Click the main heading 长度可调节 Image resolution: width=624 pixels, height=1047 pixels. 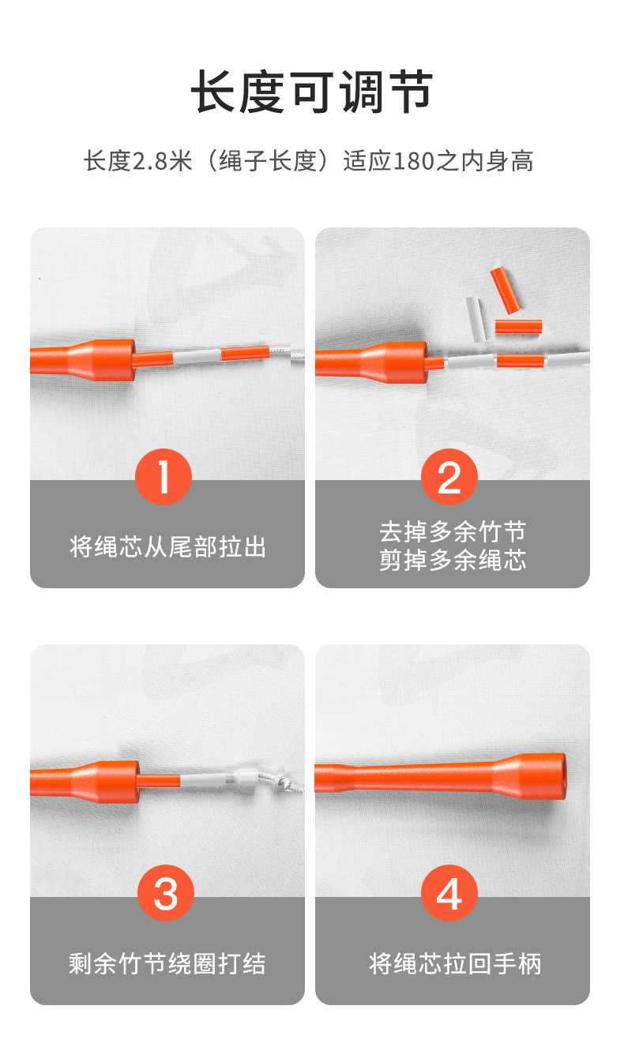pos(312,92)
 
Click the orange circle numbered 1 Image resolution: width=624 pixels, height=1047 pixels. pos(164,477)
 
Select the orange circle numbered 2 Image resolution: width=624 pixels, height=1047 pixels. pos(449,477)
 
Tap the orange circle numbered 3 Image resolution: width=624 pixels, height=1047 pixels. pos(166,893)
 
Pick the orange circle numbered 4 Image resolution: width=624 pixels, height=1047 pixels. pos(449,893)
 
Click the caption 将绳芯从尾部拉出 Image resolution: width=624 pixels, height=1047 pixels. pos(167,546)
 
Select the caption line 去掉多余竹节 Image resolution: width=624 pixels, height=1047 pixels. pos(453,531)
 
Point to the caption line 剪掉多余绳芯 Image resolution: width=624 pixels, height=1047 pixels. pos(453,560)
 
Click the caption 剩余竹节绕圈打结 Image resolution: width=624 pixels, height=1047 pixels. pos(167,963)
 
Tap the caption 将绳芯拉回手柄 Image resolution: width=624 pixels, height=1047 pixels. pos(455,963)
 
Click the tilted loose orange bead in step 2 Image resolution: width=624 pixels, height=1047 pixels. pos(506,290)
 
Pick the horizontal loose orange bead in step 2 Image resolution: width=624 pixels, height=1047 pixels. pos(518,327)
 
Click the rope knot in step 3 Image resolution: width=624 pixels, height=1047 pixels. pos(284,781)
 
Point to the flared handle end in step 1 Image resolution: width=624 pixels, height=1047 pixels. pos(103,359)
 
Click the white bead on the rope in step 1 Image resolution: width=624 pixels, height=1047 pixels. pos(197,357)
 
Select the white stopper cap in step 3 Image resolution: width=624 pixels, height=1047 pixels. pos(245,778)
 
